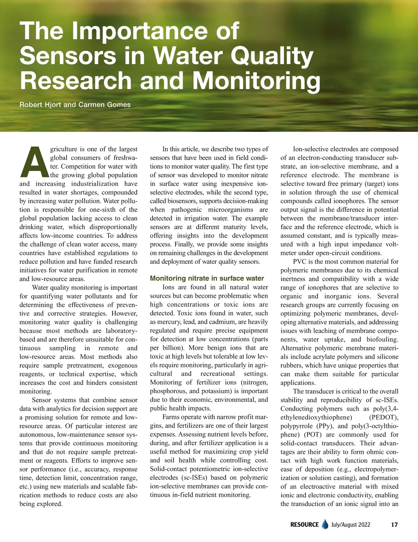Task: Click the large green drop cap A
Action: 34,162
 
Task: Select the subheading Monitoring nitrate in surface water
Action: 207,278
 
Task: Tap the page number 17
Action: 394,525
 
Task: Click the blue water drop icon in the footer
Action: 325,524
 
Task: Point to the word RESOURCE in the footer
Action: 304,525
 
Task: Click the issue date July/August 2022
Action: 351,525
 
